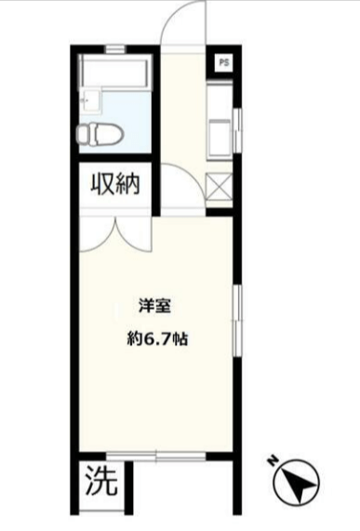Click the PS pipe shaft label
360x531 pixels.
224,62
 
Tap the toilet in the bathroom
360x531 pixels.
100,134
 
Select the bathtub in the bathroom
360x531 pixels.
113,73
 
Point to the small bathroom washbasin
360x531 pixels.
90,101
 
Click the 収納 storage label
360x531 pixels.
115,184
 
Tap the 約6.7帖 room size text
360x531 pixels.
157,338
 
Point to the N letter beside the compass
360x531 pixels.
273,461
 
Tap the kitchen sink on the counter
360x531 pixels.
220,137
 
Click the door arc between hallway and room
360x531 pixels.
191,173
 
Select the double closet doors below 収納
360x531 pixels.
116,235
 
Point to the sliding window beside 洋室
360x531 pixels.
238,320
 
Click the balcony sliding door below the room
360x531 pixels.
156,456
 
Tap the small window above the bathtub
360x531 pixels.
115,49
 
